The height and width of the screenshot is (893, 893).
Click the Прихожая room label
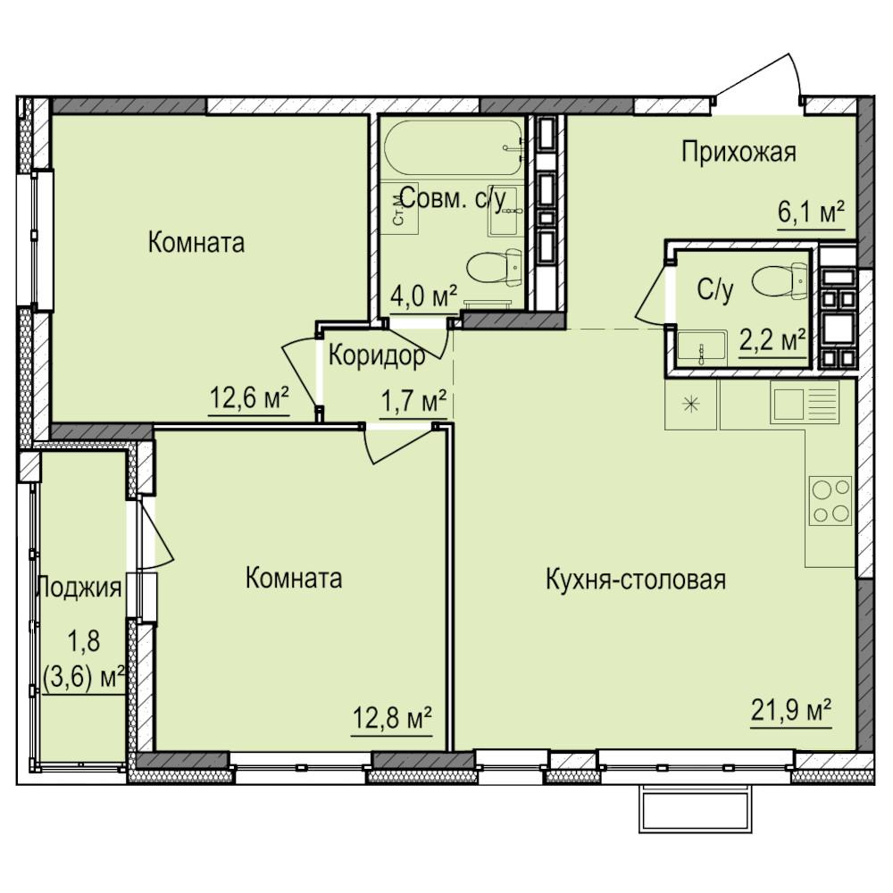click(739, 153)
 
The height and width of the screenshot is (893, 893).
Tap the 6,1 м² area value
click(811, 213)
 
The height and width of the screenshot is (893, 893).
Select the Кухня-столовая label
click(636, 580)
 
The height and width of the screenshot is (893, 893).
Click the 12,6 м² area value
click(249, 397)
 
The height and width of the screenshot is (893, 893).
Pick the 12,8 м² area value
click(392, 718)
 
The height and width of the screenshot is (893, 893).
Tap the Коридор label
click(377, 356)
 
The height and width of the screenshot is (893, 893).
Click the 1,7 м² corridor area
click(413, 402)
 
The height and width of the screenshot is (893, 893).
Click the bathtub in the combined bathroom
click(454, 147)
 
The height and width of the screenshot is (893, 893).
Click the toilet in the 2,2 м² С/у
click(780, 281)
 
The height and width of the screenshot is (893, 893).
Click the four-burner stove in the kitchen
click(830, 501)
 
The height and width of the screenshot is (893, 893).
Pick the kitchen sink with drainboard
click(805, 402)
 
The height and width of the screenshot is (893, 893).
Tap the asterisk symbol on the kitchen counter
click(690, 405)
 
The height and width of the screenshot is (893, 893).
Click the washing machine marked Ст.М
click(399, 208)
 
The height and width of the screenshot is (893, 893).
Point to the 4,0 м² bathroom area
click(423, 296)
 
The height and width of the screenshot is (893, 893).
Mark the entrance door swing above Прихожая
click(758, 79)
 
